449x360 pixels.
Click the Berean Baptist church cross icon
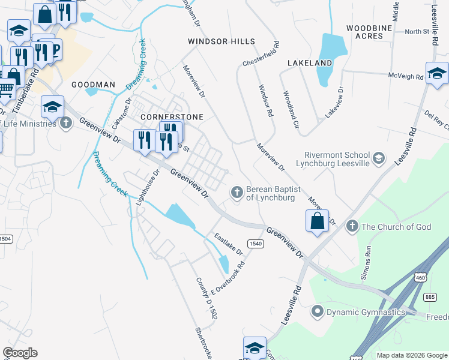click(237, 192)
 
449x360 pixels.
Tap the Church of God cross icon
click(352, 226)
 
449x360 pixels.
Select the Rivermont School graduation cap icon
click(378, 158)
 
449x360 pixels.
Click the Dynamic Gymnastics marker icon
click(318, 311)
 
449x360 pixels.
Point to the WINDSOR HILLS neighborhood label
click(221, 41)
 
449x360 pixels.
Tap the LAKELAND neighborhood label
click(310, 62)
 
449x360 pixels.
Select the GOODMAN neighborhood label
click(93, 85)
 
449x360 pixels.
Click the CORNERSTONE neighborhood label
click(172, 116)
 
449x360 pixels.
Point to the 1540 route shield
click(256, 243)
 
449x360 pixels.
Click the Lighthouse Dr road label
click(148, 188)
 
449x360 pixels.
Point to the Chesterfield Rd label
click(261, 54)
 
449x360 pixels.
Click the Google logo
click(20, 353)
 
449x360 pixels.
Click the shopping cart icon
click(5, 89)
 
